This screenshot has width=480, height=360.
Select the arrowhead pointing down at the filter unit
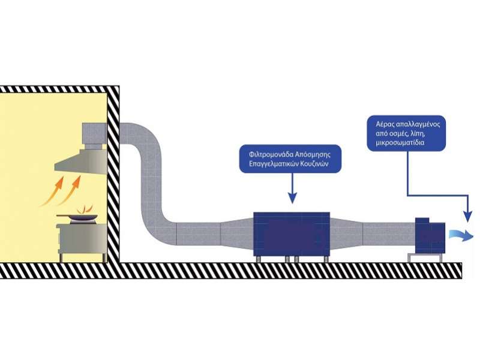[x=292, y=199]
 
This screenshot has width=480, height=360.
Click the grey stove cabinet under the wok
[x=83, y=238]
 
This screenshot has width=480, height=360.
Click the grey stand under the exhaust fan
[x=425, y=257]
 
